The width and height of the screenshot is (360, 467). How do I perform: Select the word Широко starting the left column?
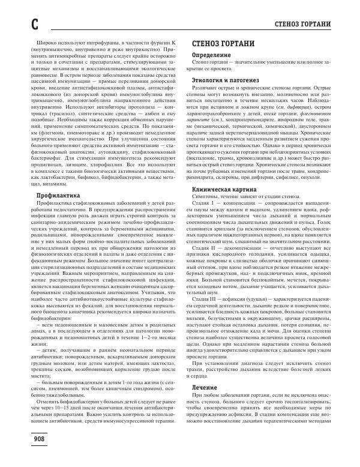pos(47,45)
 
